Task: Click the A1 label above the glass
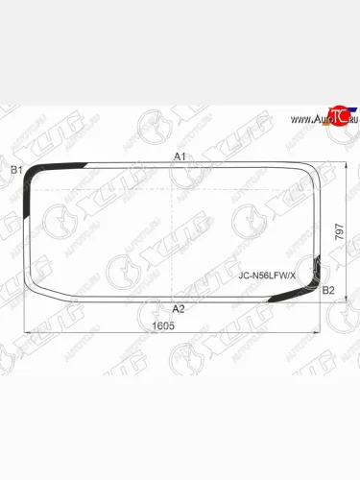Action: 179,156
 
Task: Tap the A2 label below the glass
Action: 178,308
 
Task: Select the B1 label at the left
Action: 15,170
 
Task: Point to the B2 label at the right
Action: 327,290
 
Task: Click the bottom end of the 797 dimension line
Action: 345,300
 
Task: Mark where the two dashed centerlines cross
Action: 173,231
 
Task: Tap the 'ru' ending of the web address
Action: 350,119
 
